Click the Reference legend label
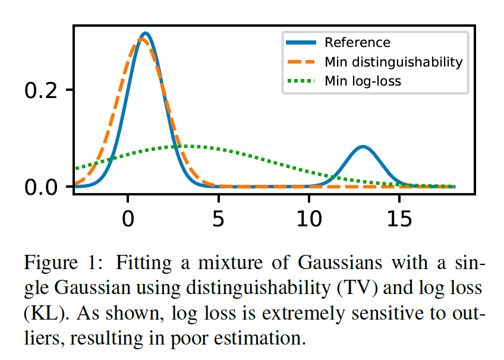(357, 43)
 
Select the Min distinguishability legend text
(393, 62)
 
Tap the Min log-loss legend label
(363, 81)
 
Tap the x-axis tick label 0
(128, 218)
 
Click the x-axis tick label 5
(218, 218)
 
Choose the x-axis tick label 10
(309, 218)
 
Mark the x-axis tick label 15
(399, 218)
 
